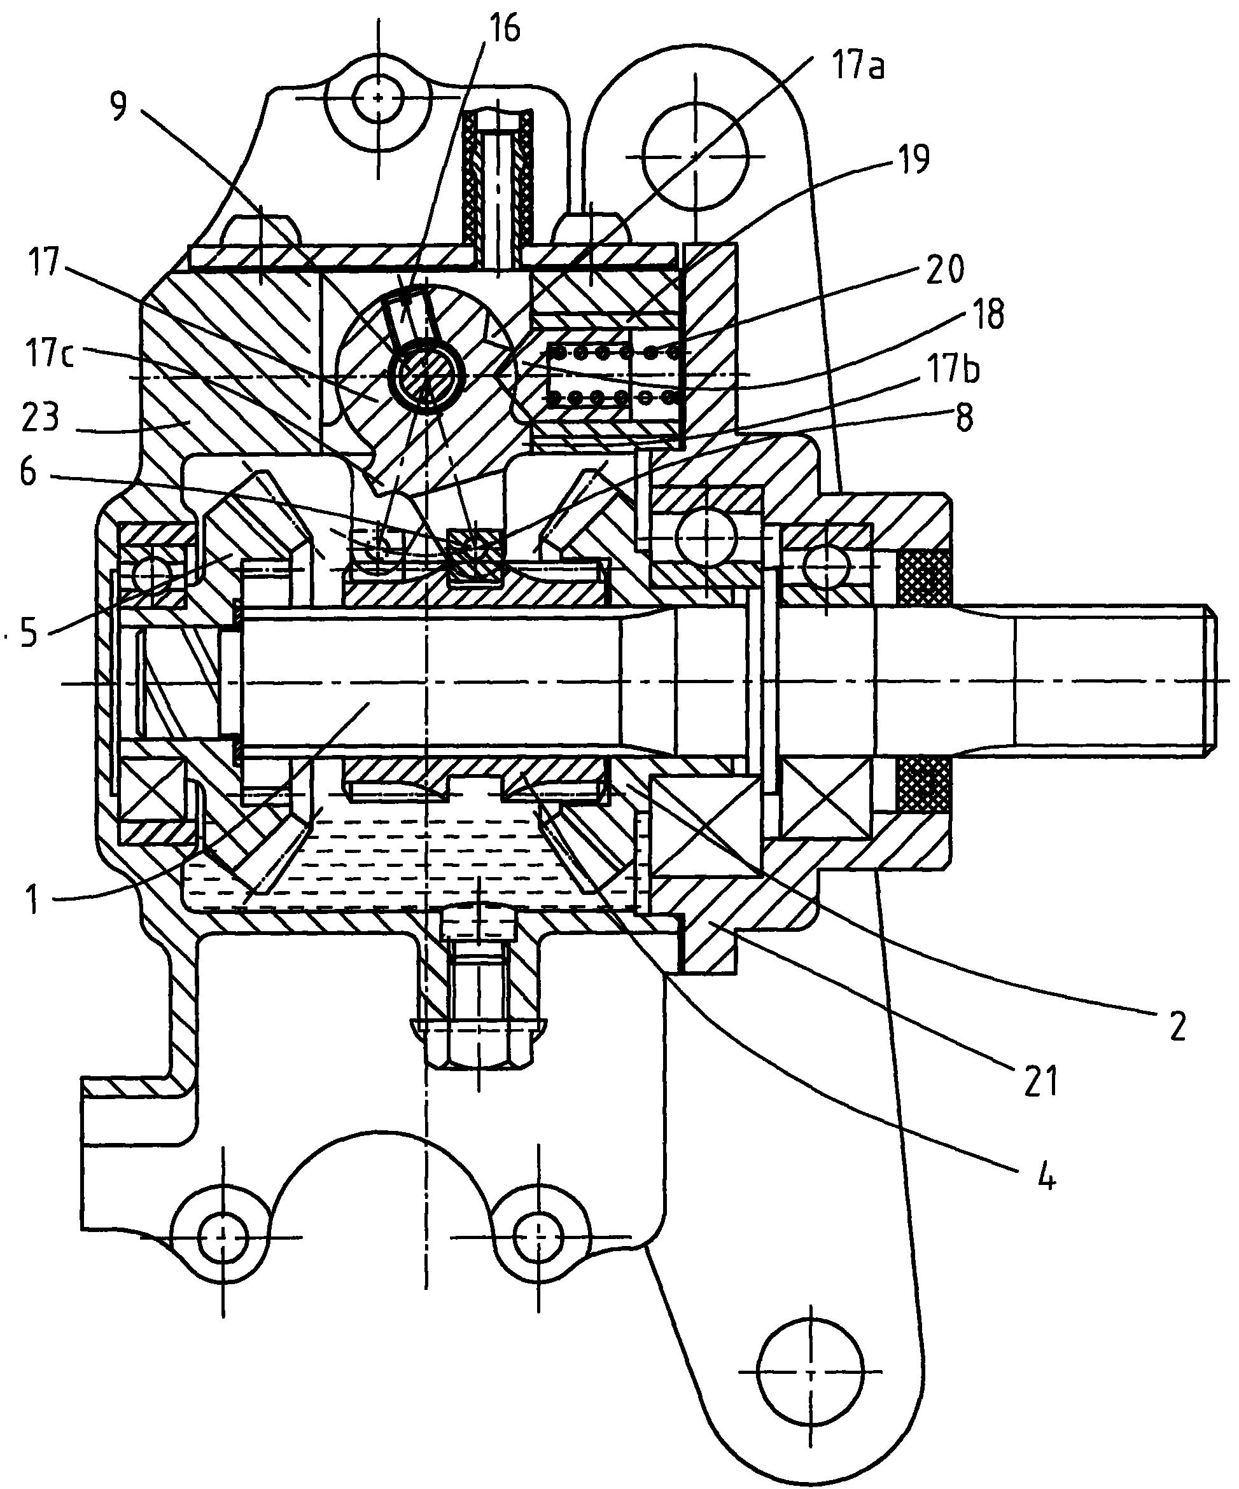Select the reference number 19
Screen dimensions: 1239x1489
(908, 160)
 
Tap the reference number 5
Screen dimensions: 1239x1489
(27, 633)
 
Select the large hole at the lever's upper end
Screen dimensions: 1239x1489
(696, 156)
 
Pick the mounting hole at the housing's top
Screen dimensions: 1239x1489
(379, 98)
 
